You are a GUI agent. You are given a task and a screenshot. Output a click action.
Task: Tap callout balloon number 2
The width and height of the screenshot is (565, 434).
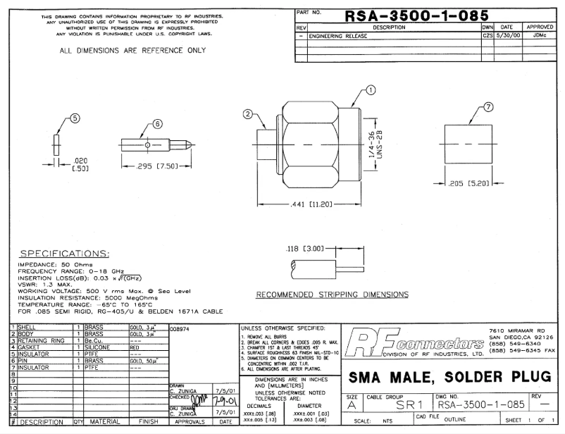[247, 114]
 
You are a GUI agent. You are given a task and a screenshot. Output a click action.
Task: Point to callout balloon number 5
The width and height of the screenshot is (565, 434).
[74, 118]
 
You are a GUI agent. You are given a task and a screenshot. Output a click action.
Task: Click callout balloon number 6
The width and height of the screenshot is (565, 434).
[157, 123]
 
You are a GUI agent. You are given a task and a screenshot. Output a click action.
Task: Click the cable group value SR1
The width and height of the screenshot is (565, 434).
[402, 407]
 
